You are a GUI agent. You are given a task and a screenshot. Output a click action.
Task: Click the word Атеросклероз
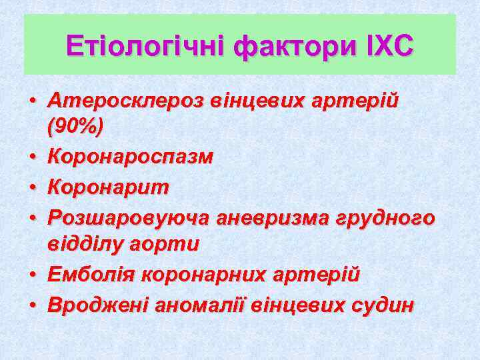pyautogui.click(x=126, y=102)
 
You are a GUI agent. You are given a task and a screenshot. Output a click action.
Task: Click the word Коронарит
pyautogui.click(x=109, y=187)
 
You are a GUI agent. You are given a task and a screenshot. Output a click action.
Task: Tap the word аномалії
pyautogui.click(x=198, y=305)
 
